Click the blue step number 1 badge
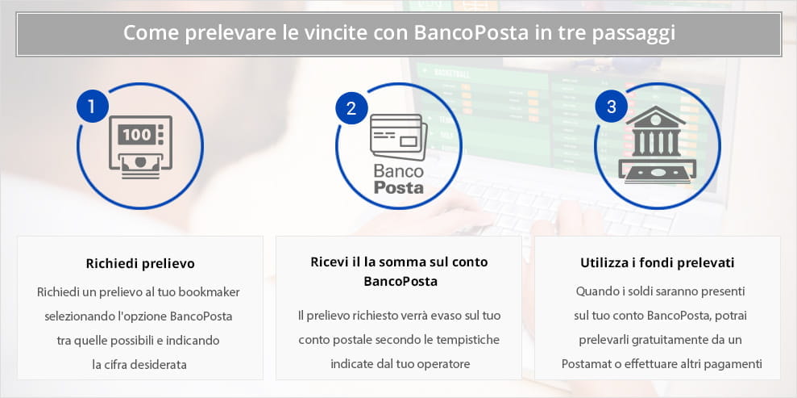click(92, 107)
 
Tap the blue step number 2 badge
click(351, 108)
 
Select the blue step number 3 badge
click(611, 107)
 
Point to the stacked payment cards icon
click(398, 136)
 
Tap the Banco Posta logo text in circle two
click(399, 178)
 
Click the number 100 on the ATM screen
click(137, 134)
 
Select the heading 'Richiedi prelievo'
click(140, 264)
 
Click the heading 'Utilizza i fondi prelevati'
click(658, 263)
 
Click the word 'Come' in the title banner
click(149, 34)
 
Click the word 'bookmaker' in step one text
click(209, 292)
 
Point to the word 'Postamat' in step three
click(583, 364)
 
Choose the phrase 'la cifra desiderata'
click(139, 364)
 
